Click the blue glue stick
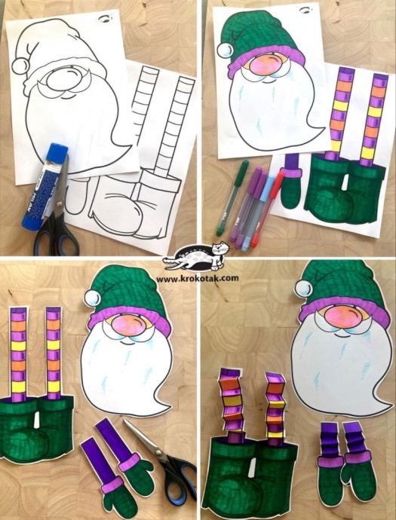[x=45, y=186]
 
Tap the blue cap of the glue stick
[x=58, y=151]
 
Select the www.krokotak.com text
[x=197, y=278]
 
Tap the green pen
[x=232, y=197]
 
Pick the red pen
[x=268, y=210]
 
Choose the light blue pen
[x=258, y=212]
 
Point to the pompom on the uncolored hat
[x=20, y=66]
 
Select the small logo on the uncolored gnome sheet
[x=106, y=20]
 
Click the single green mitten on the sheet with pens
[x=290, y=188]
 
